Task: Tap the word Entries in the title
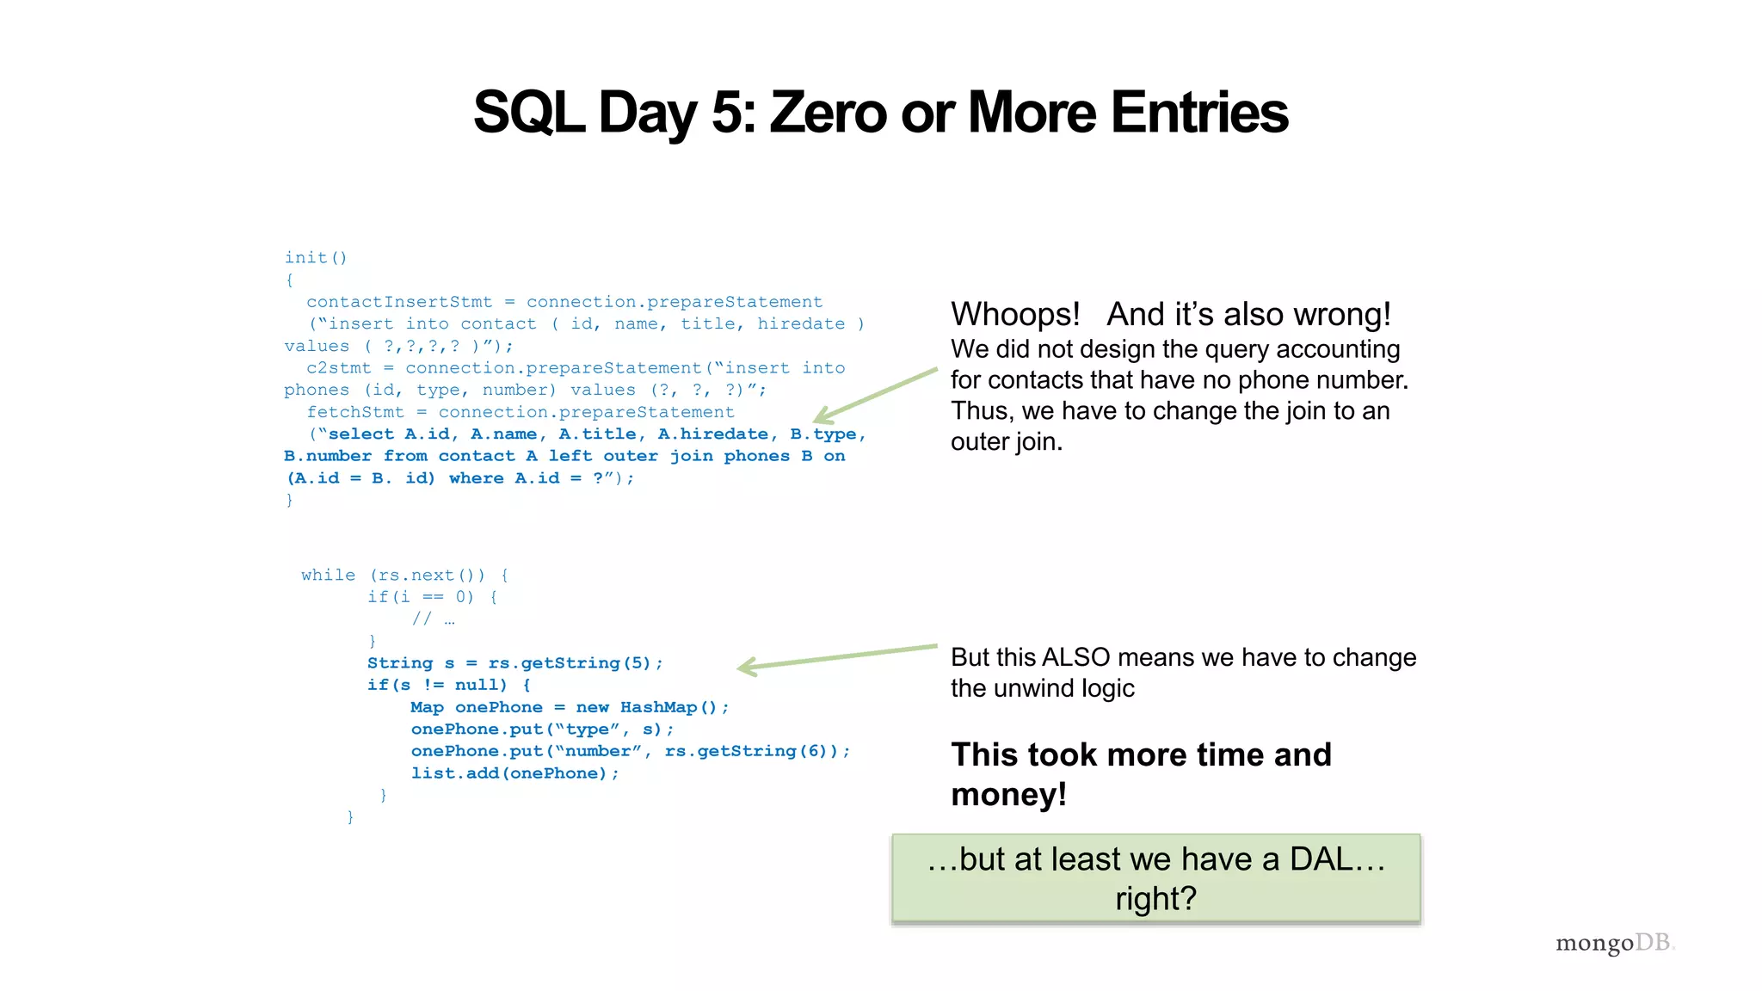pos(1199,113)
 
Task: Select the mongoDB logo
pos(1614,943)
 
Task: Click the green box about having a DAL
pos(1155,878)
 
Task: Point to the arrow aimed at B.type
pos(873,397)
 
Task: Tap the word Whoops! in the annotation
pos(1015,315)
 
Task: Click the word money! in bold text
pos(1008,794)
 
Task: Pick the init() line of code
pos(316,258)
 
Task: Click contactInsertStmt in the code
pos(399,302)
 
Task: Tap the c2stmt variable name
pos(339,368)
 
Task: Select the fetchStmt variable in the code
pos(355,412)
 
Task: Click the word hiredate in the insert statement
pos(801,324)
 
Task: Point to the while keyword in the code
pos(328,576)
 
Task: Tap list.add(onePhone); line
pos(514,773)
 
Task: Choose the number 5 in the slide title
pos(729,113)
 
